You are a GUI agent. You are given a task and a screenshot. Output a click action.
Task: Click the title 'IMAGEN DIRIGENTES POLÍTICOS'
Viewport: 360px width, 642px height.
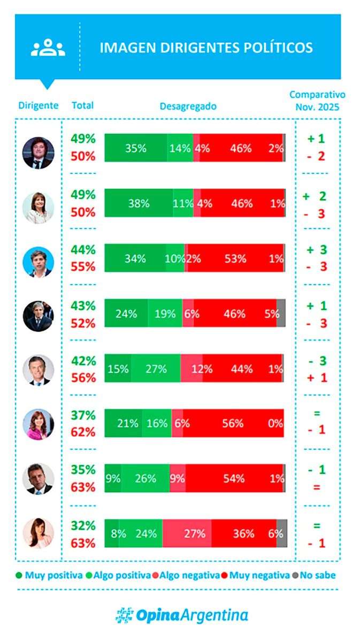pos(206,47)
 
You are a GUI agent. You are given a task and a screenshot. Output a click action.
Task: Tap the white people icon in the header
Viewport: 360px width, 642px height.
pos(48,48)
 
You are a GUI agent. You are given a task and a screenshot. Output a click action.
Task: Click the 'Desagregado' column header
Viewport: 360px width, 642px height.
pos(188,106)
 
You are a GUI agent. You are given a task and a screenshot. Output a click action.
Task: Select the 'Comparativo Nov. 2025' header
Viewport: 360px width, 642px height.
pos(317,101)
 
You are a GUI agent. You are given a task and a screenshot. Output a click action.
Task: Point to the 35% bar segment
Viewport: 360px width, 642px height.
pos(136,148)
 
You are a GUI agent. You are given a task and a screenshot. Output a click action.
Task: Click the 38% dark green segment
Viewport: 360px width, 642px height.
pos(139,203)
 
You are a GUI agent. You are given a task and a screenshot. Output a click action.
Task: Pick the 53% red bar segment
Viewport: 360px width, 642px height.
pos(235,258)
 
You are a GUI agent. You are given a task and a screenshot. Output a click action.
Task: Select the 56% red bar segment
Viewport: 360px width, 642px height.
pos(233,423)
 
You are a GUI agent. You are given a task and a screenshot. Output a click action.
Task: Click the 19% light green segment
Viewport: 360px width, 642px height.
pos(165,314)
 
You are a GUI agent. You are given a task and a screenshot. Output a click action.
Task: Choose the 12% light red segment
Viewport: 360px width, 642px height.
pos(192,369)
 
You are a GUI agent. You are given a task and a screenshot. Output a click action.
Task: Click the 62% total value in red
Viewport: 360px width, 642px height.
pos(83,432)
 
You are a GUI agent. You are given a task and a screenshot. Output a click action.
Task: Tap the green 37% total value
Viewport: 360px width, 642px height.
pos(83,415)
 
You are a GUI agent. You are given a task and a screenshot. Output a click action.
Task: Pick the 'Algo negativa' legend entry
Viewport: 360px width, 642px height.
pos(186,576)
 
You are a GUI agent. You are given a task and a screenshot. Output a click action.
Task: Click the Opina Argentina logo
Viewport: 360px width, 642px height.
pos(182,615)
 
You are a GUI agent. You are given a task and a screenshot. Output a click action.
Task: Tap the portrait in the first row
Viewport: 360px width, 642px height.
pos(39,153)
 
